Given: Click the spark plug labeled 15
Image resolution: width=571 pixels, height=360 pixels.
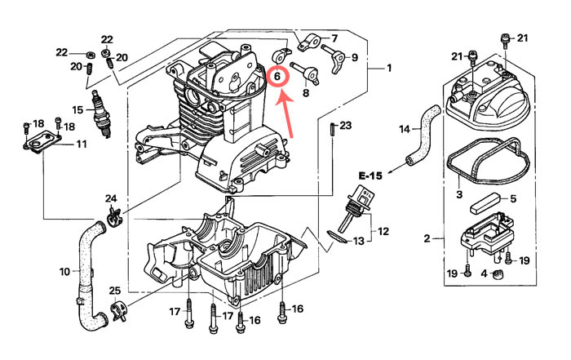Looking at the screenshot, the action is click(101, 113).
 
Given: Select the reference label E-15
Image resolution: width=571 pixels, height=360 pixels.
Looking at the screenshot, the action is click(370, 176).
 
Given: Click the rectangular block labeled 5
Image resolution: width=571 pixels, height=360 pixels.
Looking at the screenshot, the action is click(483, 206).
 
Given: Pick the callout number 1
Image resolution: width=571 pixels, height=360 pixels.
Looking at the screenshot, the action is click(389, 68).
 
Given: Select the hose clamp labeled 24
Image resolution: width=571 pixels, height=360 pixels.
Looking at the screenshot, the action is click(114, 216).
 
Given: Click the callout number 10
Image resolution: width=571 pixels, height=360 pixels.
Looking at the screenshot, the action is click(64, 272).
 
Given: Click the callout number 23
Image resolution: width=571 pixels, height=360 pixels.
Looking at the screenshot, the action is click(345, 126).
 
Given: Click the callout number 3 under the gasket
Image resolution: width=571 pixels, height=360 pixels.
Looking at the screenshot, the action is click(459, 194).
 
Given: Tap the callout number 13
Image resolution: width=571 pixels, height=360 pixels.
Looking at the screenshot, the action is click(358, 241).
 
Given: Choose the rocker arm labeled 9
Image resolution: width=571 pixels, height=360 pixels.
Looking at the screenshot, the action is click(337, 61).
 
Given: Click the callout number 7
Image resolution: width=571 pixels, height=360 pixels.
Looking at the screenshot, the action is click(334, 38).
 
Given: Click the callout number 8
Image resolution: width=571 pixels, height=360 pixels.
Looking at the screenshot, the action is click(306, 93).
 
